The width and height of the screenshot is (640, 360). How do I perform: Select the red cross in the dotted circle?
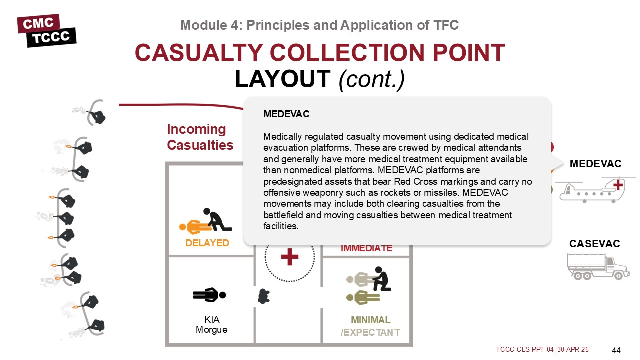(x=289, y=257)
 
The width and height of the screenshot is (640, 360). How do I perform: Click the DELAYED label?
(x=207, y=243)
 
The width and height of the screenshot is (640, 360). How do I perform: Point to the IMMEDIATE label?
(x=366, y=248)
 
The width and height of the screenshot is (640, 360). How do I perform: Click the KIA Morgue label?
(x=212, y=325)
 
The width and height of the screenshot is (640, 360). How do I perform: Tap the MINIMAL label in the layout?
(x=370, y=320)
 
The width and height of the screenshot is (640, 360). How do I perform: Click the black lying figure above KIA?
(x=209, y=295)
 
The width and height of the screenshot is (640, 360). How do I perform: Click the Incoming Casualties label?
(x=200, y=137)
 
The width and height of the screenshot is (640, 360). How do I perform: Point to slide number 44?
(x=616, y=350)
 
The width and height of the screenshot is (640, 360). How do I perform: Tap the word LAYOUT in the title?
(x=283, y=78)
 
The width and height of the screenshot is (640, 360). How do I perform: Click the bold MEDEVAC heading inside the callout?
(x=286, y=114)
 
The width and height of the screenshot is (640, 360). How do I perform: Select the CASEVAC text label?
(x=594, y=244)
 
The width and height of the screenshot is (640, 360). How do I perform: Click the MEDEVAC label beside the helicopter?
(x=595, y=164)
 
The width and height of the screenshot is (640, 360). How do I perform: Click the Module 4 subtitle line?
(x=319, y=25)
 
